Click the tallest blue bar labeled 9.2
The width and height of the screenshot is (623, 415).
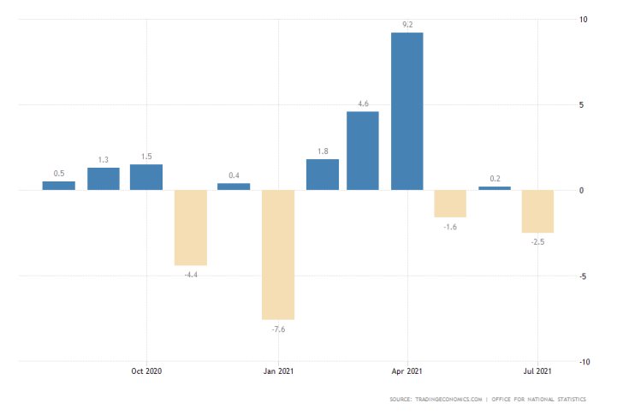[406, 111]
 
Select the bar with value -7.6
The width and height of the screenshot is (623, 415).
[277, 254]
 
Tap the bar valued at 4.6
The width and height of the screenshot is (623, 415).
[363, 151]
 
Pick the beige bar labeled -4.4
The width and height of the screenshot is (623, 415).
[191, 228]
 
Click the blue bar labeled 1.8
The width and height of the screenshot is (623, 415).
[323, 175]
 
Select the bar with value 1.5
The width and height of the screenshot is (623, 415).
[146, 177]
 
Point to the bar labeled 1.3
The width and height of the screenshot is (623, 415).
[104, 179]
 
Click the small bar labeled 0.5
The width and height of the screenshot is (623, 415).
[59, 186]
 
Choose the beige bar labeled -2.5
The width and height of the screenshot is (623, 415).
[537, 211]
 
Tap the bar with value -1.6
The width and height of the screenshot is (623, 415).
[450, 204]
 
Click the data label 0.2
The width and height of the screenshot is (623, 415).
[495, 179]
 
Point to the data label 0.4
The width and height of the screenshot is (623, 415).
[234, 175]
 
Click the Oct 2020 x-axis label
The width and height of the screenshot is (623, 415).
[146, 371]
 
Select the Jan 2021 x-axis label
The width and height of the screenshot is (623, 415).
[277, 371]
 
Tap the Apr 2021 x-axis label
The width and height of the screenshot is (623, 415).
[407, 371]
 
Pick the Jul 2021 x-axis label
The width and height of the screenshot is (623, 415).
[537, 371]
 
